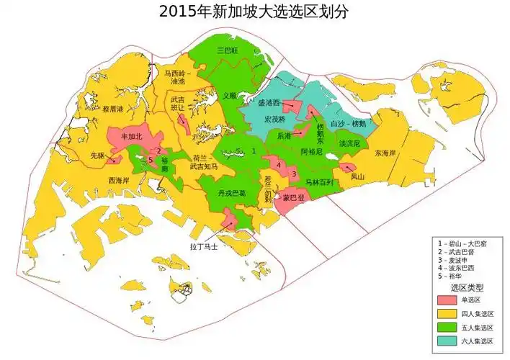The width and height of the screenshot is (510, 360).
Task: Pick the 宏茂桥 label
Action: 275,118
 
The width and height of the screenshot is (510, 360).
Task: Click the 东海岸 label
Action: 385,153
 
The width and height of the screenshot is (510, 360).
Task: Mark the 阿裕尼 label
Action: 311,152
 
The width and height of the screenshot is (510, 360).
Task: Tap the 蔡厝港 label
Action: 114,109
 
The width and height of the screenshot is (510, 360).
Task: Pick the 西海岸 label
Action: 120,180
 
